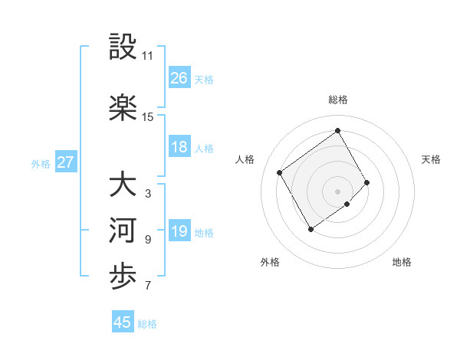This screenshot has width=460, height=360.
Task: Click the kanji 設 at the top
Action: [x=123, y=47]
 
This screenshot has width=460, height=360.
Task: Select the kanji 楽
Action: [x=123, y=108]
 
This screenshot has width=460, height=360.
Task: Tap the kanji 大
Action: [x=123, y=185]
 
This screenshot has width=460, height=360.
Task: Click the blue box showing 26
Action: [x=179, y=77]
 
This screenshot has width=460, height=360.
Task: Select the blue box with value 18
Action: [x=179, y=147]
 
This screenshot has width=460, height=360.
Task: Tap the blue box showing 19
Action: [x=179, y=231]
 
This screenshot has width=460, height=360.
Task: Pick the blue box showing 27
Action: [x=66, y=162]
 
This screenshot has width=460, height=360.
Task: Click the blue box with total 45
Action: [x=123, y=322]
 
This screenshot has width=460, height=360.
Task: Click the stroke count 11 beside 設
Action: [x=148, y=56]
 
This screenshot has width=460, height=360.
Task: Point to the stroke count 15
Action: [x=148, y=117]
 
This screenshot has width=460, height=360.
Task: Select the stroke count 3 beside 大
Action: [x=148, y=194]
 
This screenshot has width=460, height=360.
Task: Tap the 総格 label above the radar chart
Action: [x=337, y=100]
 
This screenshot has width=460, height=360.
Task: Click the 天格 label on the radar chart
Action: [x=431, y=159]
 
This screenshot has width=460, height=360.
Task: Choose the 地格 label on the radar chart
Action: [x=402, y=262]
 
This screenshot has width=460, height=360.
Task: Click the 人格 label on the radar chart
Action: [x=245, y=159]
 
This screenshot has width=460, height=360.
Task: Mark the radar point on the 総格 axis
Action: [x=337, y=130]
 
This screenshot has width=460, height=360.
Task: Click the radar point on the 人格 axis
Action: [x=280, y=172]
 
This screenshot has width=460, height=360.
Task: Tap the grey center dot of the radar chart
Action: [x=337, y=190]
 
